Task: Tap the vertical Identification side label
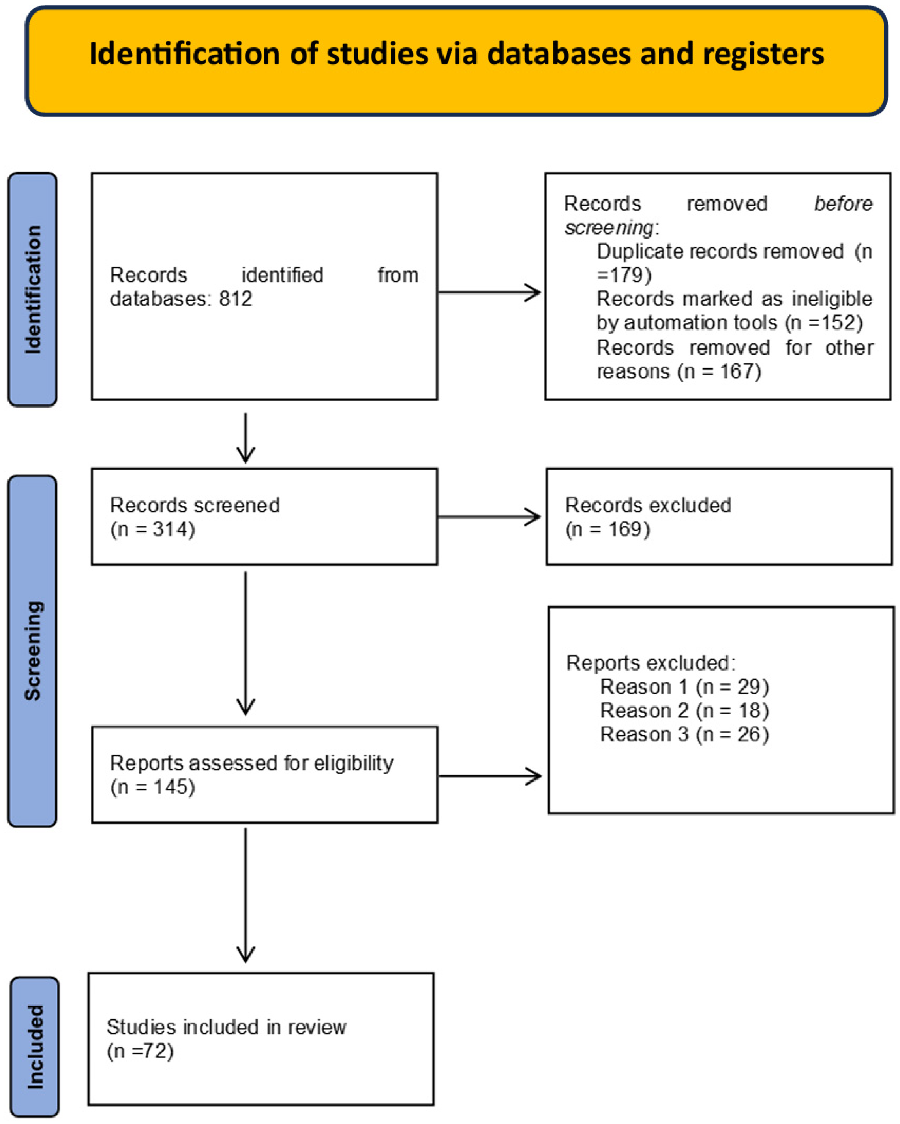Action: point(33,290)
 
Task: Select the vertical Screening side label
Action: point(33,650)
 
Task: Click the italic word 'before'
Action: point(843,204)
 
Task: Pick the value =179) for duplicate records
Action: point(624,275)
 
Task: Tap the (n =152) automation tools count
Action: point(823,323)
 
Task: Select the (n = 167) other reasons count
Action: point(719,372)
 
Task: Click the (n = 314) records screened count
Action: point(153,529)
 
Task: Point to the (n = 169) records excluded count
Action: point(607,529)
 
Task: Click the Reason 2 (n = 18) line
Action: point(684,710)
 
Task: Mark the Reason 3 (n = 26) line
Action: point(684,734)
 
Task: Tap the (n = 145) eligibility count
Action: point(153,787)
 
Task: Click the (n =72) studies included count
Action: point(140,1051)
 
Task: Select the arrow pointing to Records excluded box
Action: point(490,517)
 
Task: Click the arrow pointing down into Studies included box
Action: point(246,897)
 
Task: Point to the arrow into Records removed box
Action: point(490,293)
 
